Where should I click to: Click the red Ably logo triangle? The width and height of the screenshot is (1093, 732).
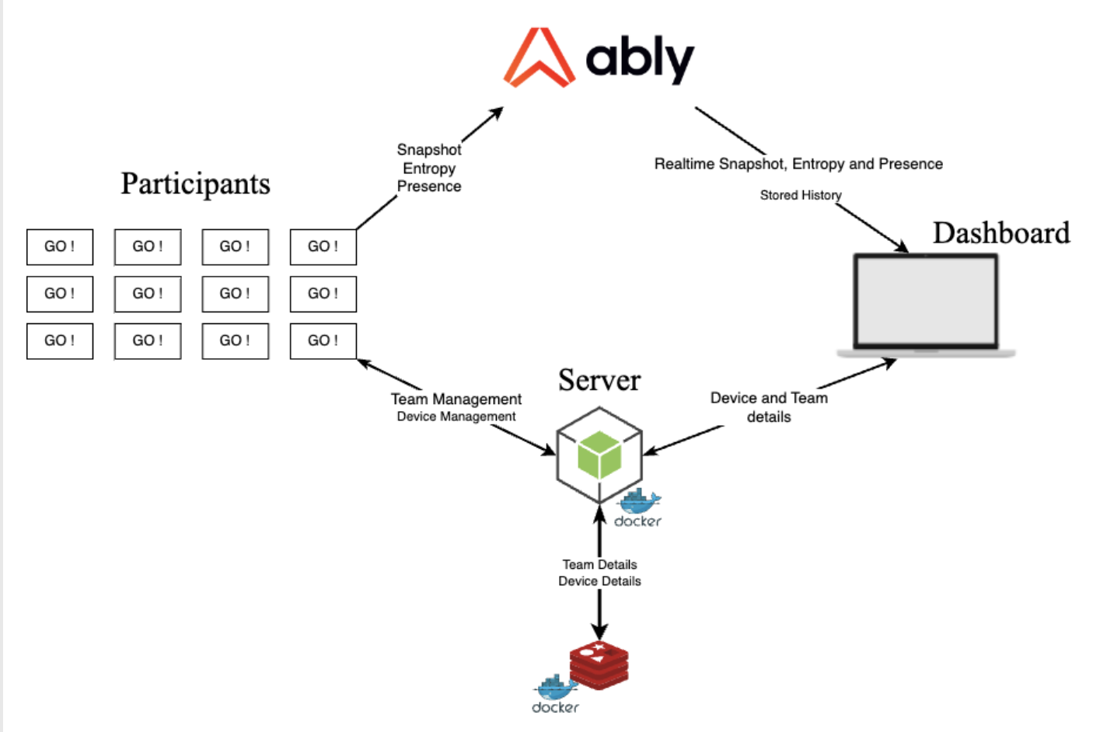(x=539, y=58)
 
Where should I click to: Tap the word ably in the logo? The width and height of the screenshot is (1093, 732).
(x=639, y=59)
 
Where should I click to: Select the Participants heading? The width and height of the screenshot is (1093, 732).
(x=195, y=184)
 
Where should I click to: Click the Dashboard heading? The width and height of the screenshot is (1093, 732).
(x=1001, y=233)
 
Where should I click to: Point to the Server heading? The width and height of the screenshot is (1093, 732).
(x=599, y=380)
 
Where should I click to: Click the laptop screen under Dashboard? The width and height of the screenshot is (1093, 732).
(x=925, y=301)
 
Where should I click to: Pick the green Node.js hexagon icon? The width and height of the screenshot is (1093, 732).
(x=599, y=455)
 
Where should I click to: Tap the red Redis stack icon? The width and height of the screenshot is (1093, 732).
(x=599, y=665)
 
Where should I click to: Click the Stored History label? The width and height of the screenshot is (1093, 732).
(x=801, y=195)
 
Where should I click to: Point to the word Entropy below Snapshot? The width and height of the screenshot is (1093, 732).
(x=429, y=168)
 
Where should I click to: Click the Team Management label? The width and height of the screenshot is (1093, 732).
(x=456, y=399)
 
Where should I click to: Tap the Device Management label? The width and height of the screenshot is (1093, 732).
(x=456, y=417)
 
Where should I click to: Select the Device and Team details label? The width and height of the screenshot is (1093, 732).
(x=769, y=407)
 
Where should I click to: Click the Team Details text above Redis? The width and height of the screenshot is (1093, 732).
(x=599, y=564)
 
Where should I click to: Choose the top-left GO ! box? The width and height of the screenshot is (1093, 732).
(x=60, y=246)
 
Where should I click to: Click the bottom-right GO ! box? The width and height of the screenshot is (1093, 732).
(x=323, y=340)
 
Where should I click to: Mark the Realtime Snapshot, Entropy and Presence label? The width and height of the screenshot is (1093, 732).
(x=798, y=164)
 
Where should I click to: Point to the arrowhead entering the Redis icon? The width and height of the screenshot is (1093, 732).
(x=599, y=633)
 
